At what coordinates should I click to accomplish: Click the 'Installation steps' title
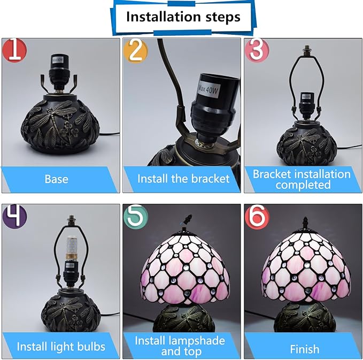click(x=183, y=17)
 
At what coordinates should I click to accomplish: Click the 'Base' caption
click(x=56, y=179)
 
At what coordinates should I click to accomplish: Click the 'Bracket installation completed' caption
click(x=302, y=179)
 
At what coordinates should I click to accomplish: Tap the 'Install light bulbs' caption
click(x=60, y=346)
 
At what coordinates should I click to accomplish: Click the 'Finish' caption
click(x=304, y=349)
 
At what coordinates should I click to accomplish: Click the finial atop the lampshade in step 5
click(x=188, y=219)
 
